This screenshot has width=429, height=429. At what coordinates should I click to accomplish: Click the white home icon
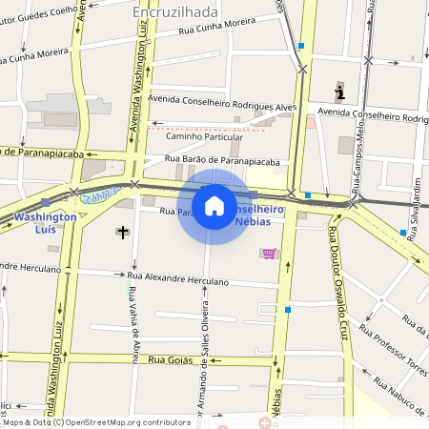coord(214,206)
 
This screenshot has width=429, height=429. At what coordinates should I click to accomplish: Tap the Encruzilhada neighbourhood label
coord(176,11)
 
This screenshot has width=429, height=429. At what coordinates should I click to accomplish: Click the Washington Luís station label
coord(45,223)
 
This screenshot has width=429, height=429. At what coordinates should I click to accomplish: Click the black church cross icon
coord(121,232)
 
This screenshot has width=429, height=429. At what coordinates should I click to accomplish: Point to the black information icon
coord(339,92)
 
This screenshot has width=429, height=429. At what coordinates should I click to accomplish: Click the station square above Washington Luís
coord(45,202)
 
